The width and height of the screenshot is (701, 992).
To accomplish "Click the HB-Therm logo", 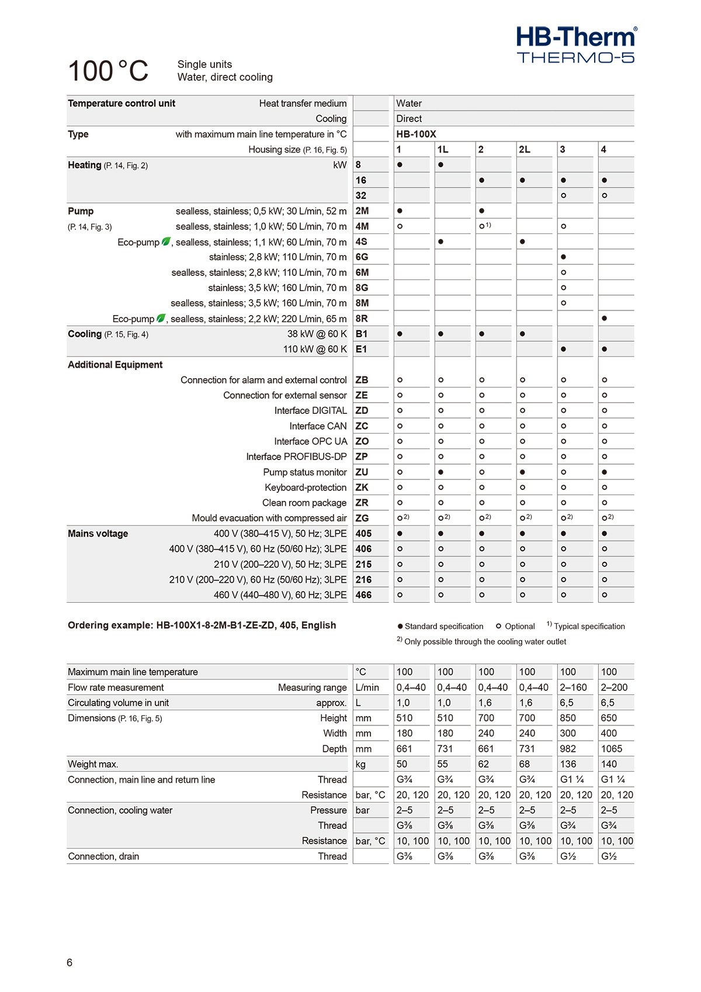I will (x=576, y=44).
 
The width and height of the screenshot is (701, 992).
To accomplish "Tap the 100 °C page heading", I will (x=109, y=71).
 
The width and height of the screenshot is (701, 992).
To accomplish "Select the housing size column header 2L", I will (x=525, y=150).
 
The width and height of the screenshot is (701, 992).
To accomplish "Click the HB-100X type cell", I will (x=416, y=134).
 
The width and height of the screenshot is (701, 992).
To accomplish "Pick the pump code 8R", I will (x=362, y=319).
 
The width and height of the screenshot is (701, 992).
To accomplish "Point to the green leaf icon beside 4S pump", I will (x=166, y=241).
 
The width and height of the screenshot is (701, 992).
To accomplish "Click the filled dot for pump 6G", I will (x=563, y=257).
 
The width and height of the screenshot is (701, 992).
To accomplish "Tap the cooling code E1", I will (x=362, y=349).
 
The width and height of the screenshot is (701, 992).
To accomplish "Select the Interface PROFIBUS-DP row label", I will (x=296, y=457).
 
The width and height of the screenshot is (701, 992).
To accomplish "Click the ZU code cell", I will (x=362, y=472).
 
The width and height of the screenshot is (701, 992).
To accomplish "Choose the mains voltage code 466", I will (x=363, y=595).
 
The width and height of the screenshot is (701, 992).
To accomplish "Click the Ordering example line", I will (x=202, y=625).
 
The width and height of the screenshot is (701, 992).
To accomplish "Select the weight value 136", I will (x=568, y=764).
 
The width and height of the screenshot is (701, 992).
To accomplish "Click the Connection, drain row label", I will (x=103, y=856).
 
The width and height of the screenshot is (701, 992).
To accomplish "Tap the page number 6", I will (x=70, y=963).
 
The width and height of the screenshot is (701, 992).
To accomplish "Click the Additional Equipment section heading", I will (x=115, y=365).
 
